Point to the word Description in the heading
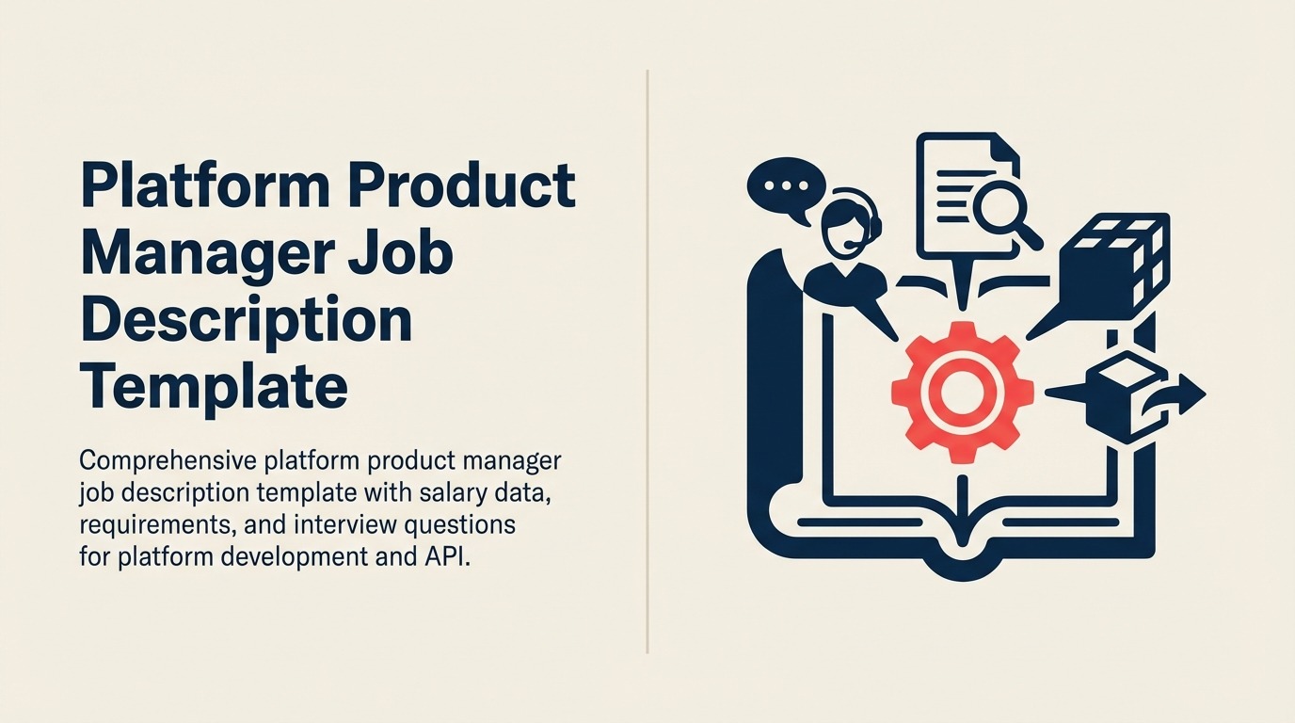click(247, 320)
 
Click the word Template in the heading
click(215, 388)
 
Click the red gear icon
click(961, 391)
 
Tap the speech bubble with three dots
click(782, 188)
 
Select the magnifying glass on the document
click(1000, 213)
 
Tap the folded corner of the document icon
click(1001, 151)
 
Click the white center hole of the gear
click(961, 392)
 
